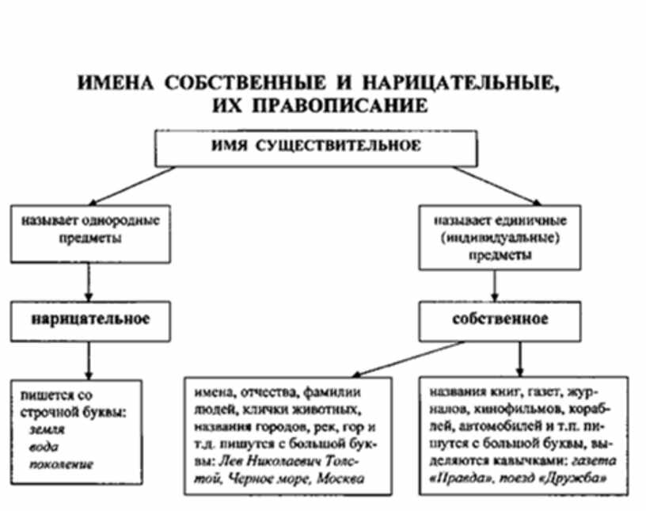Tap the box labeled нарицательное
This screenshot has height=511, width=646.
pos(90,321)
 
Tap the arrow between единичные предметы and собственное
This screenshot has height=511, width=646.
pos(496,283)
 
